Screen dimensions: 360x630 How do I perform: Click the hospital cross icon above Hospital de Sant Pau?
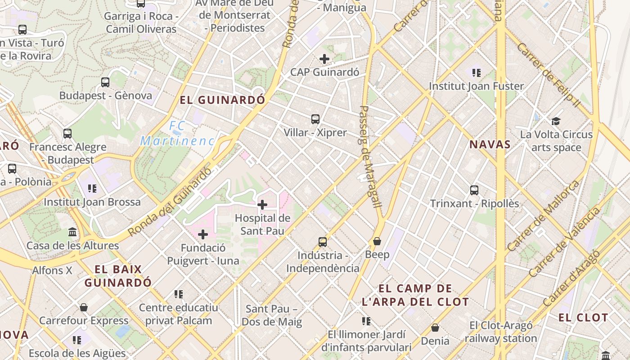coord(262,205)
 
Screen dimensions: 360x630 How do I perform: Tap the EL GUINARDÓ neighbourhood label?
coord(222,100)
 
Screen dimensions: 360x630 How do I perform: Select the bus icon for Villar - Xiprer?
coord(315,119)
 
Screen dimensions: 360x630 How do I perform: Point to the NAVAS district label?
coord(490,144)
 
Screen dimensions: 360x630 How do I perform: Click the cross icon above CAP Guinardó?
coord(324,59)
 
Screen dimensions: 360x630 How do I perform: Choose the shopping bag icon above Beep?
coord(377,242)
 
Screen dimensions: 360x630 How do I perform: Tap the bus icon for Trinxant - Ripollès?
coord(474,190)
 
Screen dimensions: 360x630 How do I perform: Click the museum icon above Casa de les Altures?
coord(72,232)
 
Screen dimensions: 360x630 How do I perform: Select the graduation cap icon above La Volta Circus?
coord(556,121)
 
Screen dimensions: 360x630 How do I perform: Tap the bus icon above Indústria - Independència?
coord(323,242)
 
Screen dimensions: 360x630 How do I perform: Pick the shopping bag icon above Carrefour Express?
coord(83,307)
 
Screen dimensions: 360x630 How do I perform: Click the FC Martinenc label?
coord(177,134)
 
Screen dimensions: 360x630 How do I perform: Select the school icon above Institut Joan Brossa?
coord(92,188)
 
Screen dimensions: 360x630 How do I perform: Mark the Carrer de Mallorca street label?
coord(543,216)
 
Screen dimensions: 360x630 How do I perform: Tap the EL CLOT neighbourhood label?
coord(583,317)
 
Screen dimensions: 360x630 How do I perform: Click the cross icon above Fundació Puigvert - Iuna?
coord(203,234)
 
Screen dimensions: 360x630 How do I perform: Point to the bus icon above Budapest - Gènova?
coord(105,82)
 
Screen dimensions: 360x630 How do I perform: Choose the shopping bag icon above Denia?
coord(435,328)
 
